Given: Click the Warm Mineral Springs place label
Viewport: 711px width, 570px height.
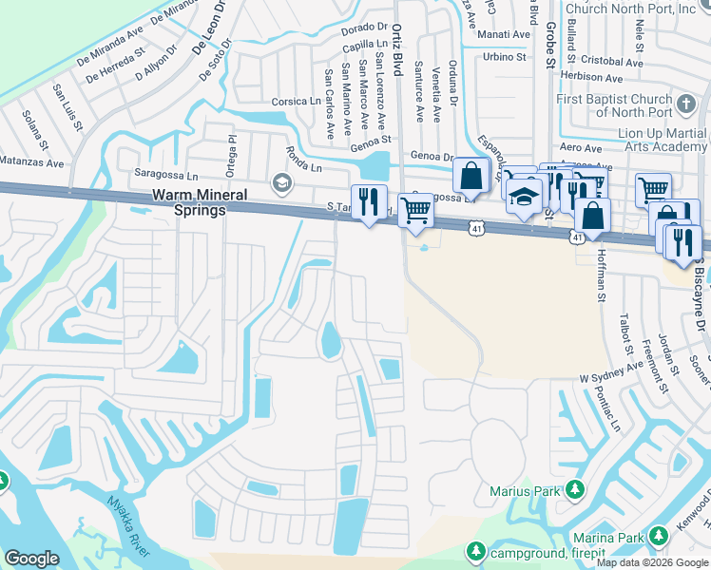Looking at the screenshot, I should point(187,202).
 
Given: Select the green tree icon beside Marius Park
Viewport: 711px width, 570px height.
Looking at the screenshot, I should point(575,491).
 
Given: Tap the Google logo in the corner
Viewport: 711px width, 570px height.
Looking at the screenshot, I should point(31,559).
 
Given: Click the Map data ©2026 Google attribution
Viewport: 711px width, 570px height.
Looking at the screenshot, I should point(651,562).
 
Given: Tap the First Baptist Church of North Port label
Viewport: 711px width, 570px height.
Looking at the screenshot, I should point(615,107).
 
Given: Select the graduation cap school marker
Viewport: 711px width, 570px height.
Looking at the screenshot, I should point(523,197).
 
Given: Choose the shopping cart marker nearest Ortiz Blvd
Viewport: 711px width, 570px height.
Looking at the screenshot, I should point(415,210).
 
